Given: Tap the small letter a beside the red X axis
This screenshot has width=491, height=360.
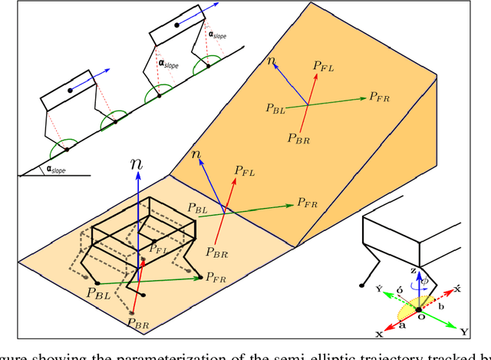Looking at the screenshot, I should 401,324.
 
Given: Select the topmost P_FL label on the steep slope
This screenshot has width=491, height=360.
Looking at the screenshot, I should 323,67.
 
